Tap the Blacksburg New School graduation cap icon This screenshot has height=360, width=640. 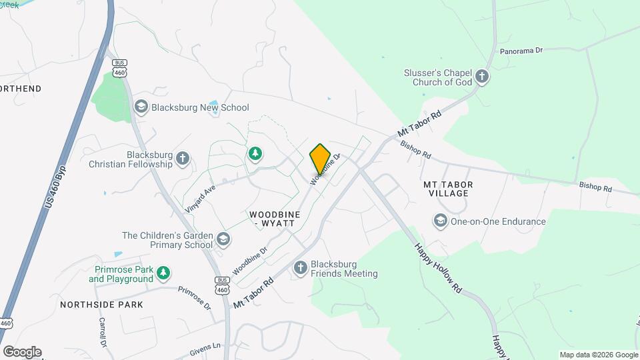[x=141, y=107]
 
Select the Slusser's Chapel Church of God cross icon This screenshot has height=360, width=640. [x=483, y=77]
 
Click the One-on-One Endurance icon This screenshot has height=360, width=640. [x=440, y=221]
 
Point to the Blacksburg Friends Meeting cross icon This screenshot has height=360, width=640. [x=301, y=268]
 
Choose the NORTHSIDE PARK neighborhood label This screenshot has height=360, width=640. [x=101, y=305]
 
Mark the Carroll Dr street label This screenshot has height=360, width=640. [x=103, y=332]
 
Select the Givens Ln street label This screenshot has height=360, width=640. [x=205, y=347]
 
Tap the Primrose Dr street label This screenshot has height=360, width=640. [x=194, y=298]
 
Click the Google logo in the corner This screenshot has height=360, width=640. [x=22, y=352]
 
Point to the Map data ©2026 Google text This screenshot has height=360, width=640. [x=599, y=355]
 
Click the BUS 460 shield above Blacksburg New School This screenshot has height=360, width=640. [x=120, y=68]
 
